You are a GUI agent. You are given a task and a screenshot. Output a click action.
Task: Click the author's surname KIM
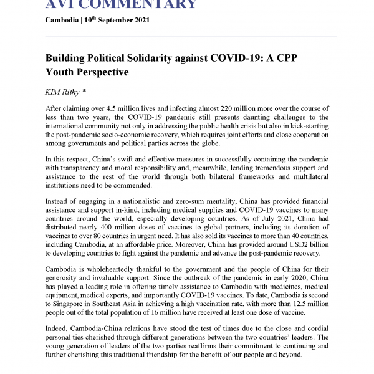53,92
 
